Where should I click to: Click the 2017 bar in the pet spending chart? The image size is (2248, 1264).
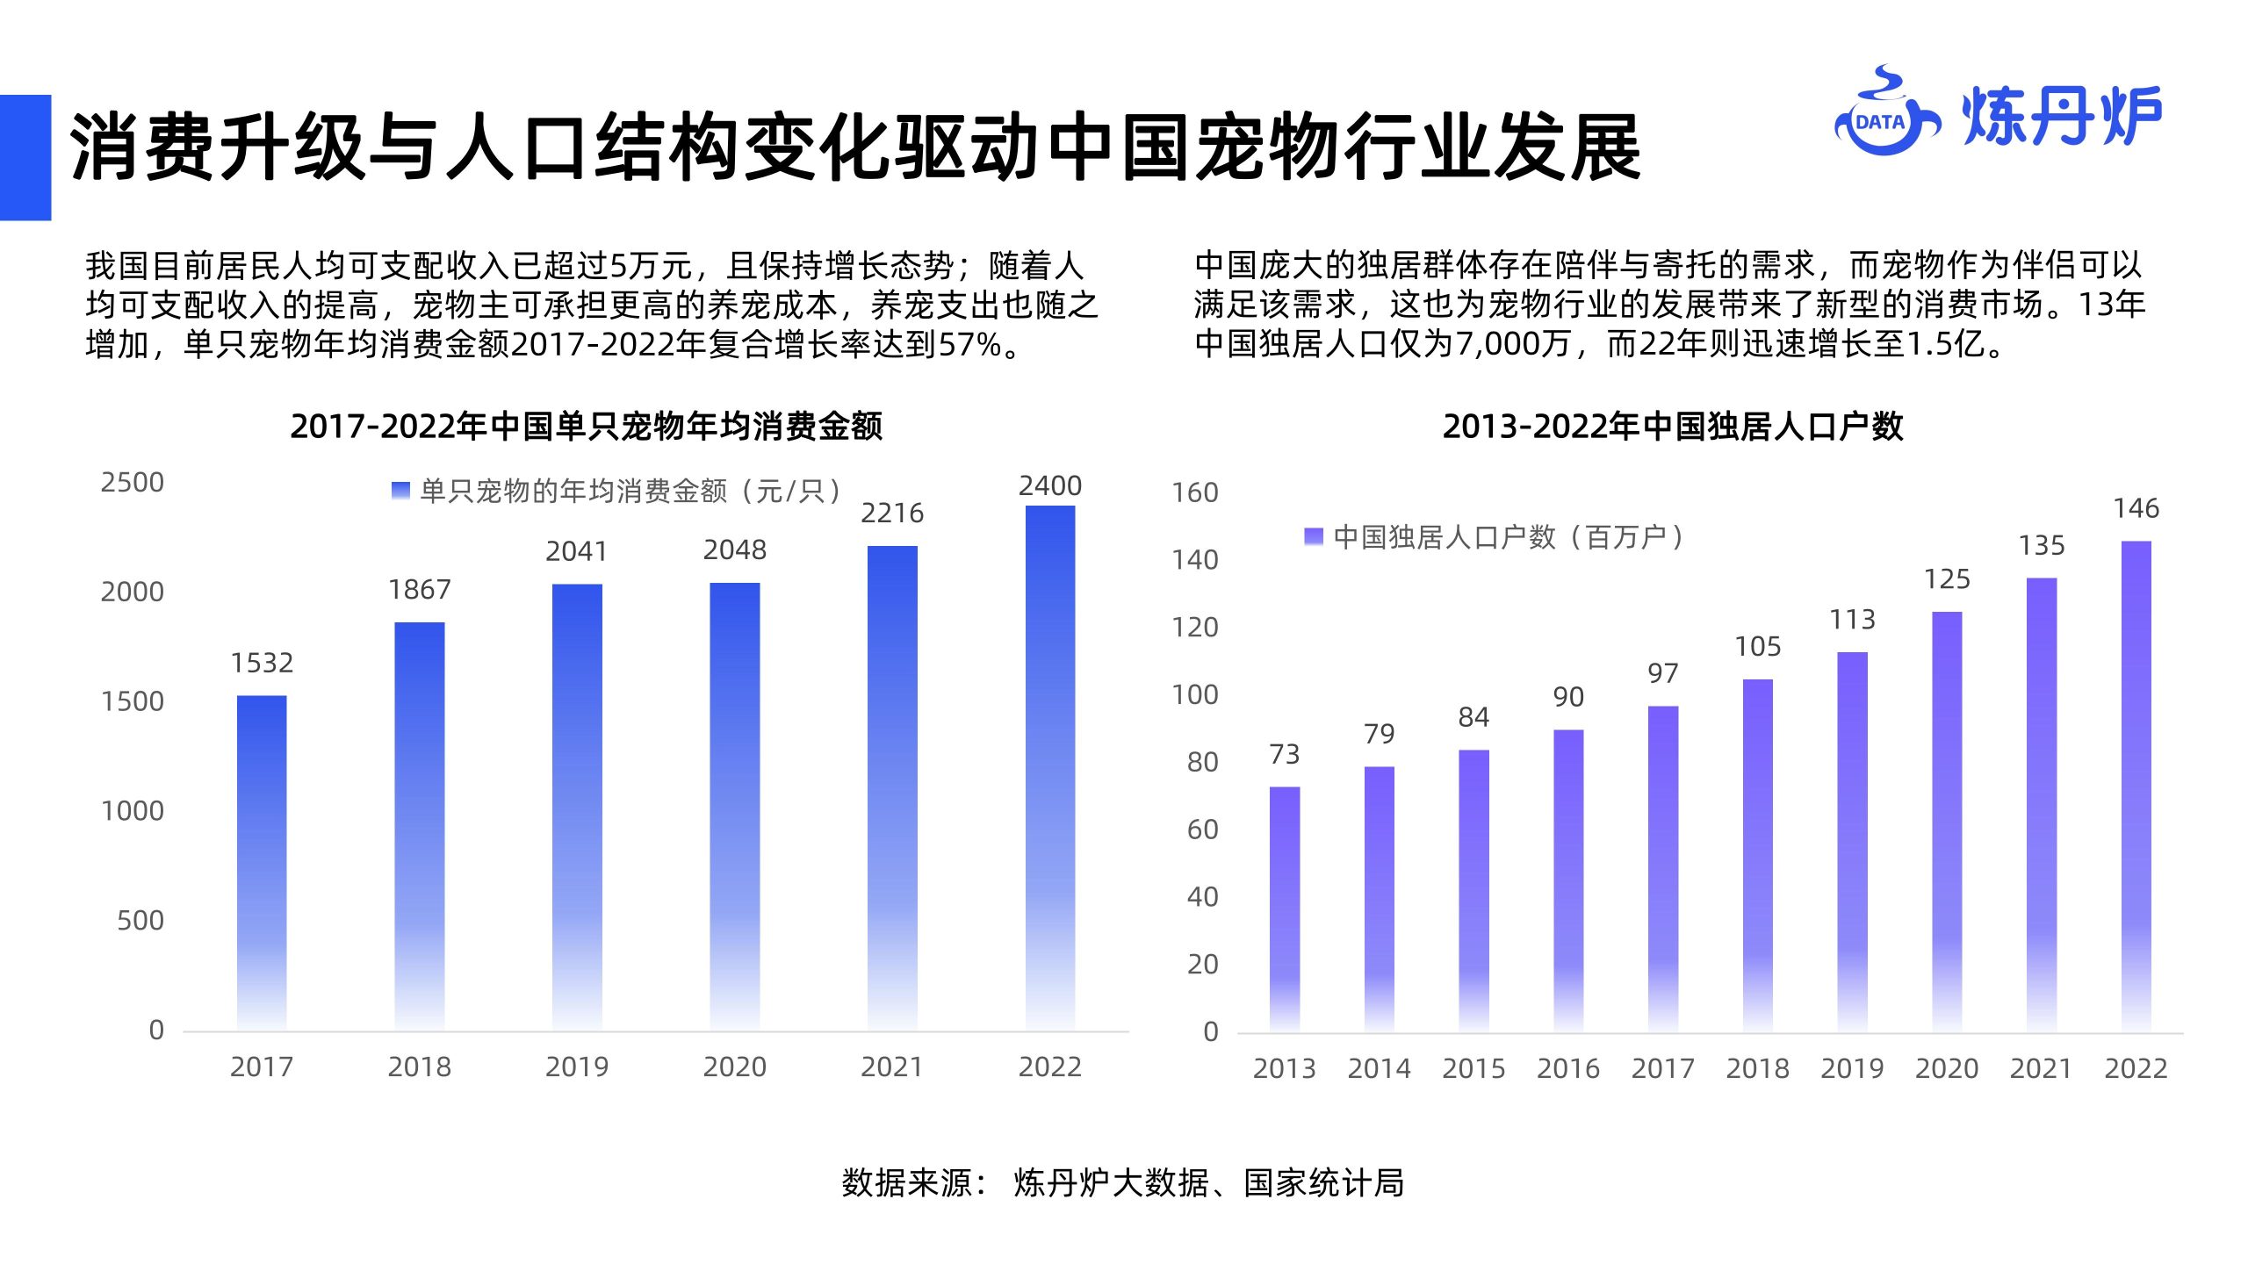point(262,863)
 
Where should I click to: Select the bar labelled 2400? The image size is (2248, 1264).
point(1050,768)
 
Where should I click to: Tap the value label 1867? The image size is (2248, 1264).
point(420,590)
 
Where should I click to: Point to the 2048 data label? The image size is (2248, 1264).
point(735,550)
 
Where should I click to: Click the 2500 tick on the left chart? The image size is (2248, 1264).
point(133,483)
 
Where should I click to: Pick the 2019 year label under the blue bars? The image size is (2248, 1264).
point(577,1067)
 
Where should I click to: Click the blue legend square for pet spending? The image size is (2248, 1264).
point(400,491)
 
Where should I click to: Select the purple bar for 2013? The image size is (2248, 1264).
point(1285,908)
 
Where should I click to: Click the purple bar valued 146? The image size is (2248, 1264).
point(2136,786)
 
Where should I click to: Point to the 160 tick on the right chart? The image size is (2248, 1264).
point(1195,493)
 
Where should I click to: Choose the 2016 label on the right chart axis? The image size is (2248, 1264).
point(1568,1069)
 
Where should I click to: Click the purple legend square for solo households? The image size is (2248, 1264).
point(1314,536)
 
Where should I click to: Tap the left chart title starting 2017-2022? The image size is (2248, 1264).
point(586,427)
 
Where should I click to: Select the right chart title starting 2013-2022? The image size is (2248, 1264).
point(1673,427)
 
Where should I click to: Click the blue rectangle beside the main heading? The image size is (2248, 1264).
point(25,157)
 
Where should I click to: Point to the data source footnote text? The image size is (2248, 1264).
point(1123,1183)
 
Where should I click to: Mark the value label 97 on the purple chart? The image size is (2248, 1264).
point(1663,674)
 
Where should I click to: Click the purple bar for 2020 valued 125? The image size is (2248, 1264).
point(1947,821)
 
